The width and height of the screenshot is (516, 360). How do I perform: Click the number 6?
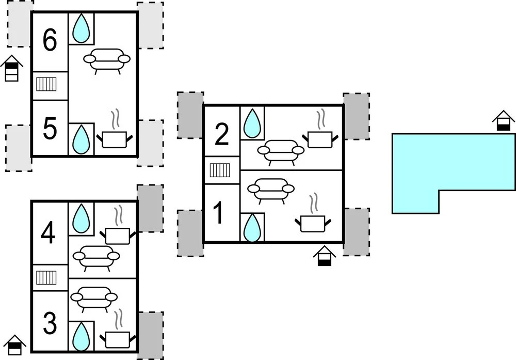tap(50, 42)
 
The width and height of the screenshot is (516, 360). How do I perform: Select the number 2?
tap(221, 135)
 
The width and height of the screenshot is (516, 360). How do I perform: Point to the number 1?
tap(219, 214)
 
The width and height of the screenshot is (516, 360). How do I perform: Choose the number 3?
tap(50, 324)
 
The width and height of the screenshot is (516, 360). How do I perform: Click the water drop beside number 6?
tap(81, 28)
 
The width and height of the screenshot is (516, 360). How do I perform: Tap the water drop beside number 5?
tap(81, 139)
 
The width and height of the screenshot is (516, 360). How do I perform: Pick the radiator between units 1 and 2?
tap(221, 170)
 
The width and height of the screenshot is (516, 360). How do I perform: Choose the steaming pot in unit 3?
tap(118, 333)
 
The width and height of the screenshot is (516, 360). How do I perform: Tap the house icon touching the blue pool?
tap(504, 122)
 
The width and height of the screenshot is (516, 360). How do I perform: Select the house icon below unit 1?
tap(325, 256)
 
